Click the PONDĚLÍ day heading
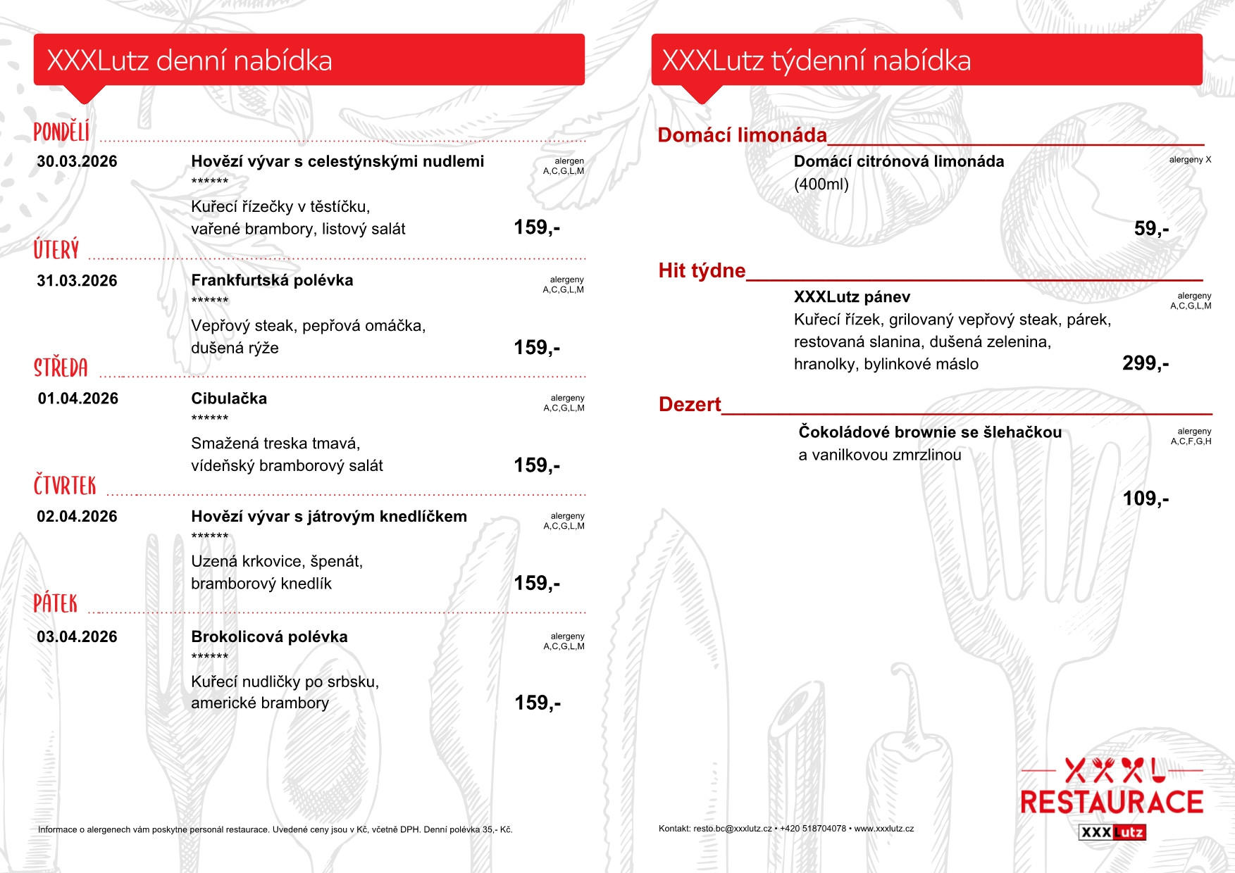(62, 132)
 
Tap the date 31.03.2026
(77, 281)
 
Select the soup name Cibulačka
(229, 398)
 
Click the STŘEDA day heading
(61, 368)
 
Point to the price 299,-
(1146, 363)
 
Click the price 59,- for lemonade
(1151, 229)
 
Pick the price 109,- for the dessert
(1146, 499)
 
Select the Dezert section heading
(690, 405)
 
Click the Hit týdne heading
(702, 271)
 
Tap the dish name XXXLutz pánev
(852, 297)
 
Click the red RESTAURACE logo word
(1111, 803)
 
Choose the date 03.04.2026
(77, 637)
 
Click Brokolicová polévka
(269, 637)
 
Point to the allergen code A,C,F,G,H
(1191, 441)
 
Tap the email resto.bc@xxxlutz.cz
(733, 829)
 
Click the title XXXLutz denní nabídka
(190, 61)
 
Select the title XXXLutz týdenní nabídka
(816, 61)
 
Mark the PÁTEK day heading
(56, 603)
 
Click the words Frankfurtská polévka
(272, 280)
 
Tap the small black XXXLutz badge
(1112, 832)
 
